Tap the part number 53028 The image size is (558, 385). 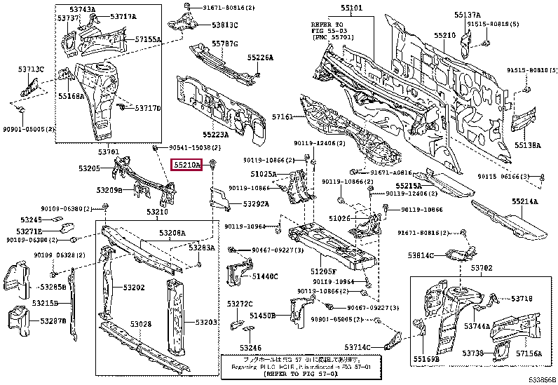[x=139, y=323]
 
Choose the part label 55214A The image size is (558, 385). [x=524, y=202]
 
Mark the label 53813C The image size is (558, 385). [x=225, y=25]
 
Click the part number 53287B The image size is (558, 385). [x=53, y=320]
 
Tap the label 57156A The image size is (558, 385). [x=529, y=353]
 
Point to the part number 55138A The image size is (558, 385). [x=527, y=145]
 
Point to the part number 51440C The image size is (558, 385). [x=265, y=276]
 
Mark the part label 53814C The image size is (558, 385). [x=423, y=255]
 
